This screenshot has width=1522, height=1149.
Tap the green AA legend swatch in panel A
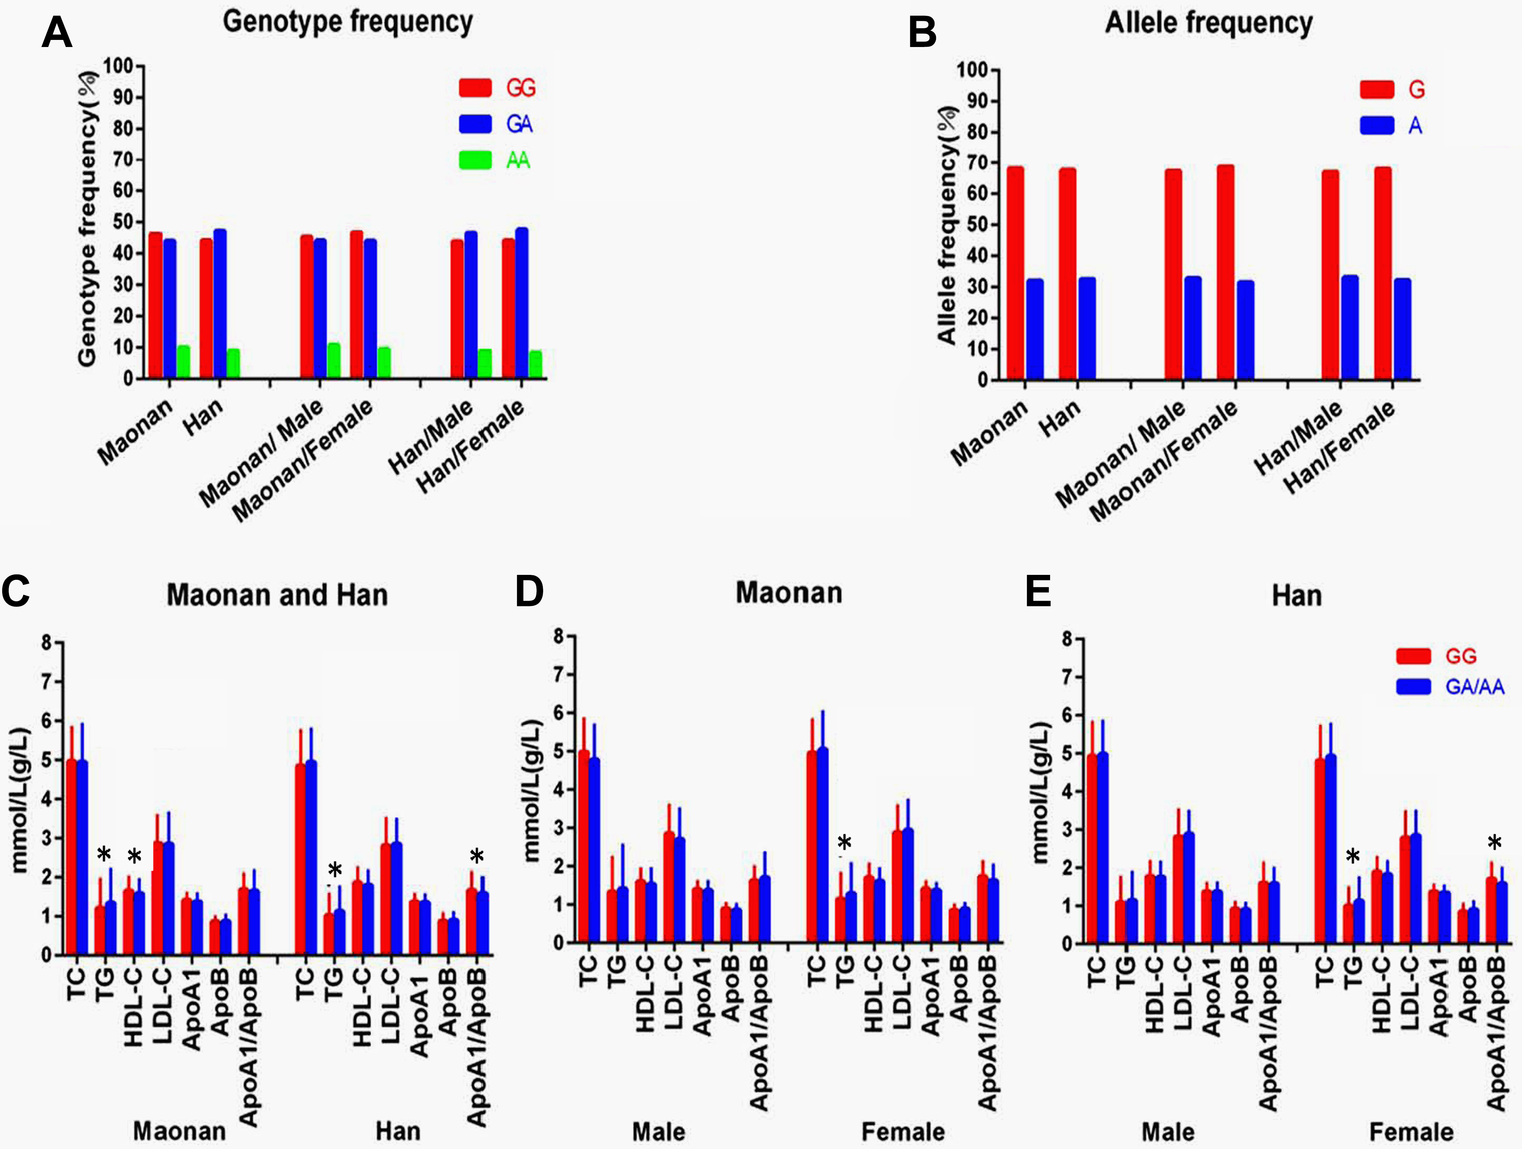click(x=476, y=160)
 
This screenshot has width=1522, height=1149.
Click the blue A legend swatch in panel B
click(x=1377, y=125)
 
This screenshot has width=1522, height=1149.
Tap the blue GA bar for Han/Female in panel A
click(x=522, y=303)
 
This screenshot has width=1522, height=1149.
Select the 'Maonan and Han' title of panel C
click(x=277, y=594)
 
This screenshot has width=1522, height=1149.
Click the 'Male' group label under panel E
click(x=1168, y=1132)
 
